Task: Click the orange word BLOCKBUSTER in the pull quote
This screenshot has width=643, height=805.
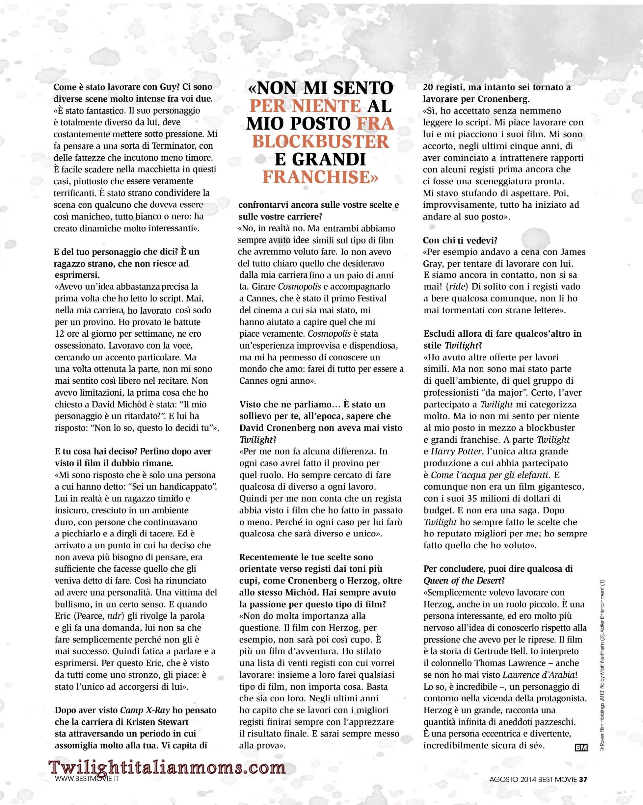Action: (x=320, y=142)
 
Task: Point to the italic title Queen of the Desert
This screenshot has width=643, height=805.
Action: (x=462, y=581)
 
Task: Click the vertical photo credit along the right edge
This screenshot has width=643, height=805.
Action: (x=602, y=664)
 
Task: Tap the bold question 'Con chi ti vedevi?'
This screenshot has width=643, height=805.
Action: (x=460, y=240)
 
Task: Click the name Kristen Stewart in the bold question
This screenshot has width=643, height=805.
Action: (x=157, y=722)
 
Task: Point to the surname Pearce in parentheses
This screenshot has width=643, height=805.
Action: (x=90, y=616)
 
